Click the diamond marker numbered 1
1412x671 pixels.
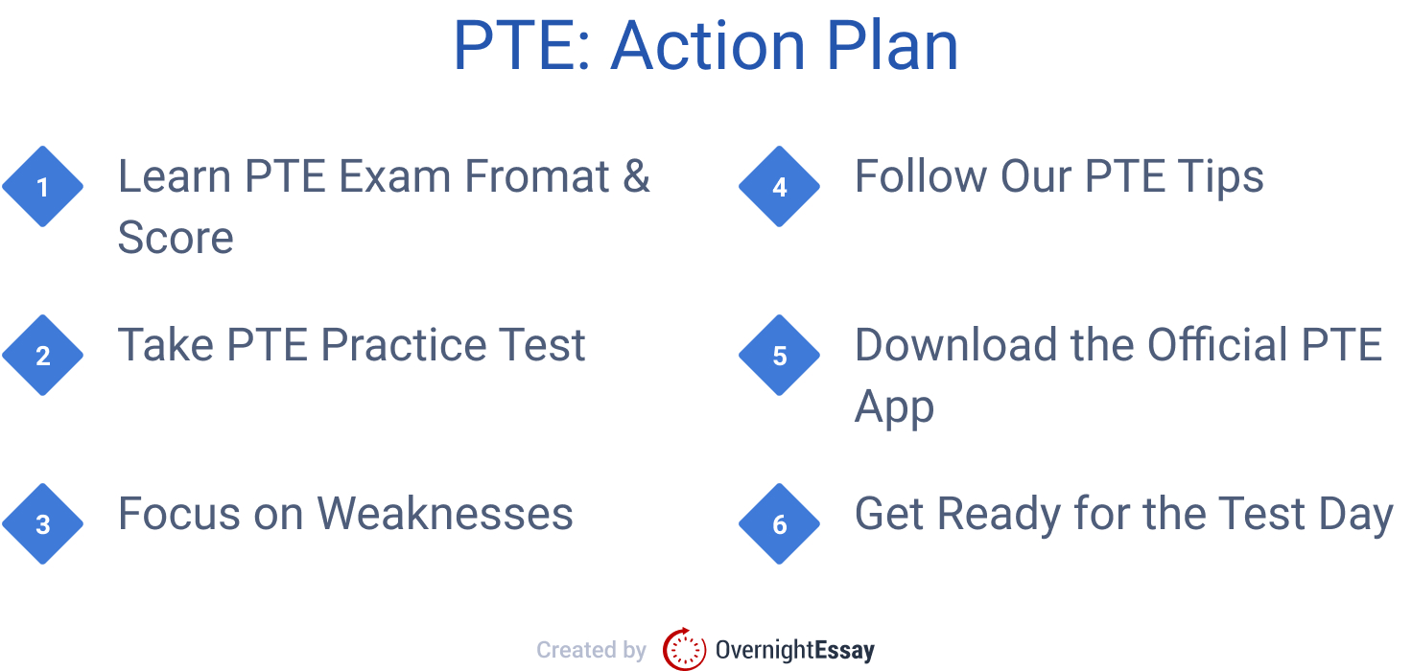point(42,187)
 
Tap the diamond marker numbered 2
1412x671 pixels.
point(42,356)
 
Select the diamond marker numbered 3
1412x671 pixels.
point(42,524)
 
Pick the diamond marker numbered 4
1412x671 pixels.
point(779,187)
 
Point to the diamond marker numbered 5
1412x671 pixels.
point(779,356)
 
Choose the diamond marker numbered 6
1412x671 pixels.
point(779,524)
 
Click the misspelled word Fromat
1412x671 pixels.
point(537,177)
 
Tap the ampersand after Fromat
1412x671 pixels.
point(636,177)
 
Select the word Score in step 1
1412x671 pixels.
point(176,238)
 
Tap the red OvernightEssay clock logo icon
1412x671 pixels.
point(684,649)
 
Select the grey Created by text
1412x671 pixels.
point(591,650)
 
